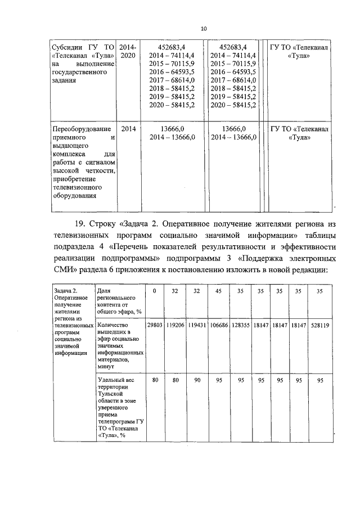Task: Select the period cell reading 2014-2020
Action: [x=128, y=52]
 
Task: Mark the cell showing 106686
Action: [x=218, y=325]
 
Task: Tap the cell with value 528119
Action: [x=320, y=325]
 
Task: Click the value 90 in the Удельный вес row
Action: [x=196, y=380]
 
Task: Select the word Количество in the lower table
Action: [x=113, y=325]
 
